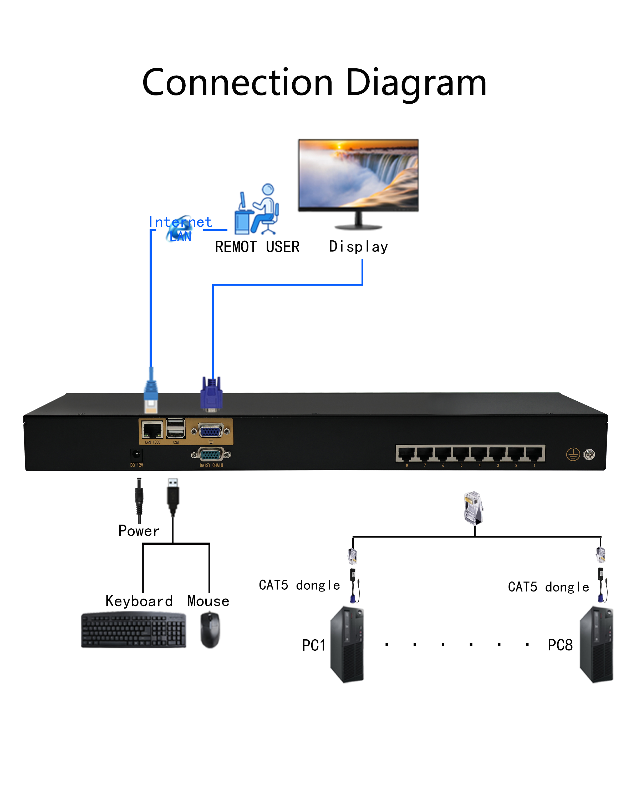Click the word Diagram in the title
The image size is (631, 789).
[416, 83]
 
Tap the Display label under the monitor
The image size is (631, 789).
[358, 247]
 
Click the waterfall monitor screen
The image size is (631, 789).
[358, 174]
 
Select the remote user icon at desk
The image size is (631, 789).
[257, 210]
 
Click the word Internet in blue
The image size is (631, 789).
[180, 222]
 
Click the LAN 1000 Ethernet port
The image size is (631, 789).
[152, 430]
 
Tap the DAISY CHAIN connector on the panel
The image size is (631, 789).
[211, 455]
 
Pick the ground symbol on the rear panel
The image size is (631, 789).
[573, 454]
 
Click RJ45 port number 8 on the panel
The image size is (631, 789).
[406, 454]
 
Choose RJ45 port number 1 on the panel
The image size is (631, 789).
[534, 454]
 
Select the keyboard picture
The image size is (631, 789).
[134, 630]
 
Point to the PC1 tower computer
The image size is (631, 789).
[347, 645]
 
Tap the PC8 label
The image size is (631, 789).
[560, 645]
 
